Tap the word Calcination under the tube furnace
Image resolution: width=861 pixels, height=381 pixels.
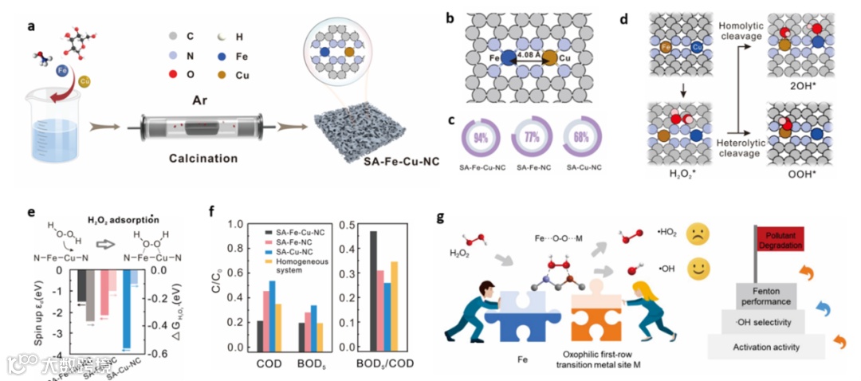click(202, 159)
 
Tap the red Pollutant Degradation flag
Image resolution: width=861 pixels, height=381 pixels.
click(782, 237)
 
